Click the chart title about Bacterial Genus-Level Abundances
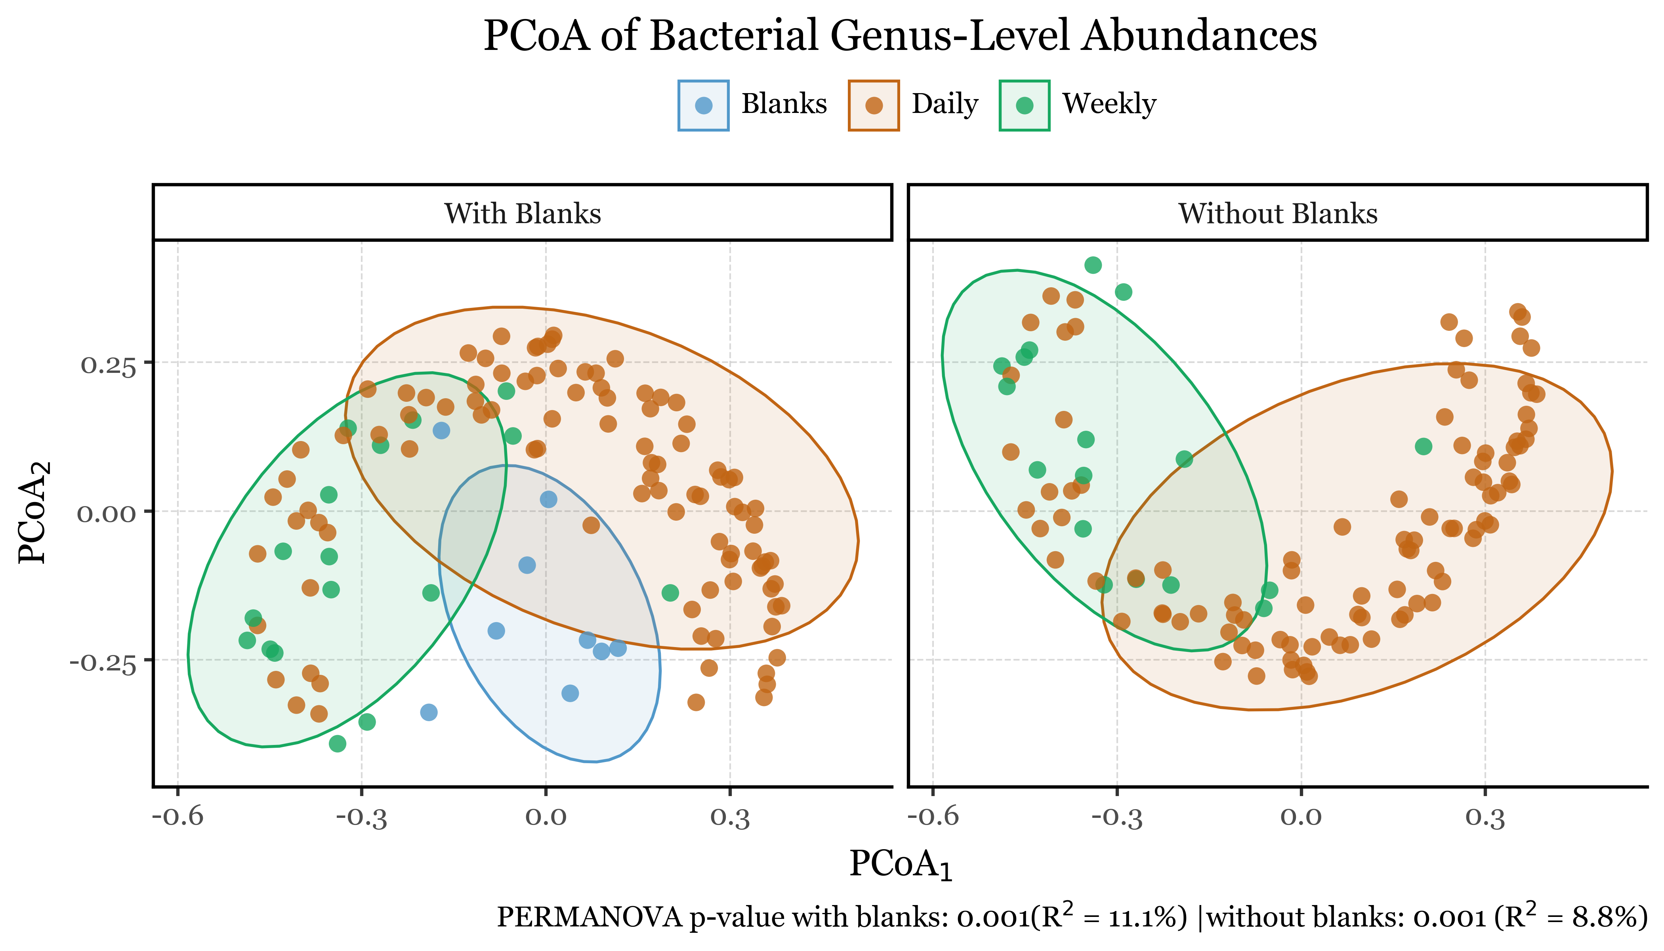[x=899, y=36]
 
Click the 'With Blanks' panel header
[x=523, y=214]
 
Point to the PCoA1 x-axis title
[x=900, y=865]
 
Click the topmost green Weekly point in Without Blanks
[x=1093, y=265]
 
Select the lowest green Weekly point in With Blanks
[x=338, y=743]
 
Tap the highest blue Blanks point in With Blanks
[x=441, y=430]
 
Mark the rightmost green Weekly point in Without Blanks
[x=1424, y=447]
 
